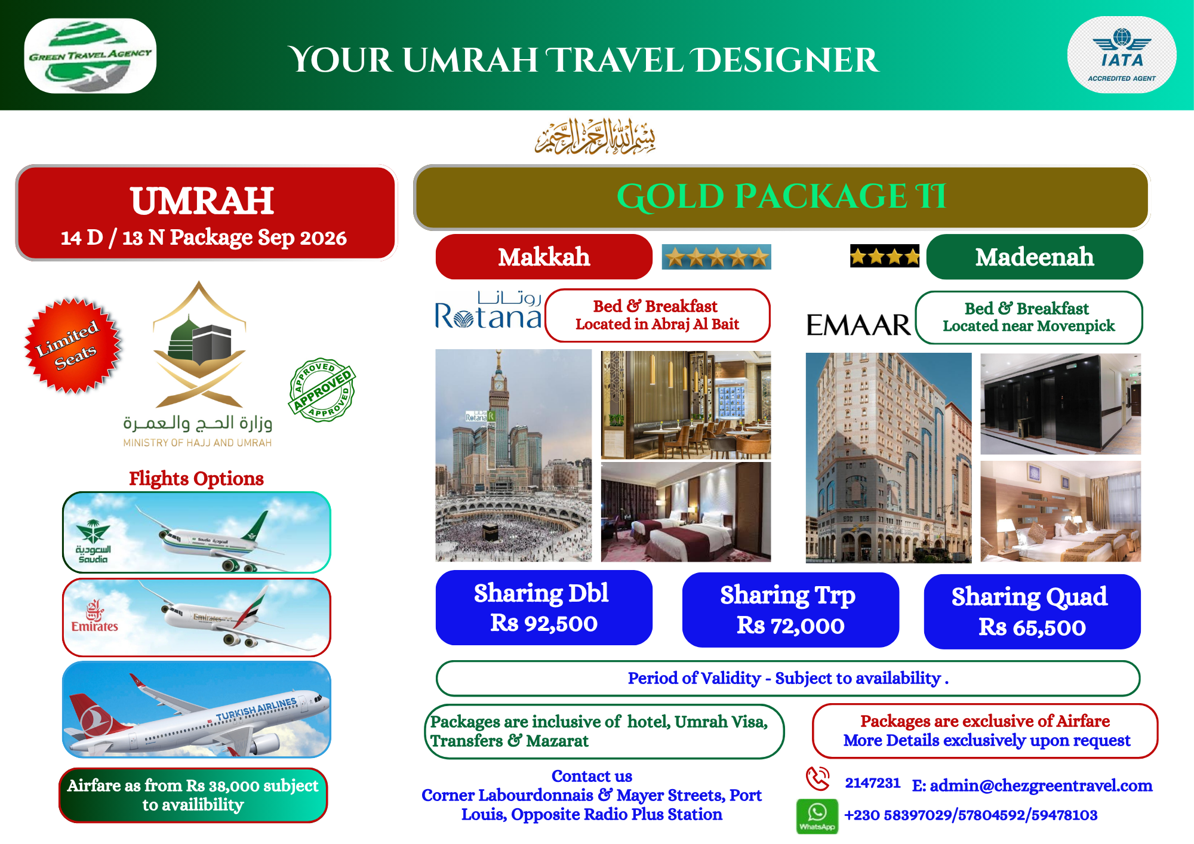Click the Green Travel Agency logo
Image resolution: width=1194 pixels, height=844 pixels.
pyautogui.click(x=90, y=56)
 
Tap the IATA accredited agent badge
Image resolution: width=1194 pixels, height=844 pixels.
pyautogui.click(x=1121, y=55)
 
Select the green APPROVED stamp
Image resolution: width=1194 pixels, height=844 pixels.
pyautogui.click(x=322, y=390)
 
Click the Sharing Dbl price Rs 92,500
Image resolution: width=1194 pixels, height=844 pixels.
pyautogui.click(x=544, y=623)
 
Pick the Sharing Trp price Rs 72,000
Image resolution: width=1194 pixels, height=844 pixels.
pyautogui.click(x=790, y=626)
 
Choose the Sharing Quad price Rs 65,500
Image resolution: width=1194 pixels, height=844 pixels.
pyautogui.click(x=1032, y=627)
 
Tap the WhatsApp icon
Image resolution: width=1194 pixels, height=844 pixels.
pyautogui.click(x=817, y=816)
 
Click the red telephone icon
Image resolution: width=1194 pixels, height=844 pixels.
pyautogui.click(x=818, y=778)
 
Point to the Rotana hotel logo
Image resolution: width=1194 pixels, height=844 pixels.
pyautogui.click(x=488, y=310)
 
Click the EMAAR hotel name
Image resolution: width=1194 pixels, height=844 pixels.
pyautogui.click(x=858, y=325)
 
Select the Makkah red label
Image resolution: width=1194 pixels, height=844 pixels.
pyautogui.click(x=544, y=257)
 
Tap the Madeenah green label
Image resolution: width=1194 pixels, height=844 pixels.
pyautogui.click(x=1035, y=257)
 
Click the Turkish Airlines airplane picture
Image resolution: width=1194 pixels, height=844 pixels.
pyautogui.click(x=196, y=709)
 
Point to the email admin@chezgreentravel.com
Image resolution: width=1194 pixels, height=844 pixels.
pyautogui.click(x=1032, y=786)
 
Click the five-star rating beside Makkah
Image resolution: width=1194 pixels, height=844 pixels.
pyautogui.click(x=716, y=257)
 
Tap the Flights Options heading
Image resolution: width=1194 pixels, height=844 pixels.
pyautogui.click(x=196, y=479)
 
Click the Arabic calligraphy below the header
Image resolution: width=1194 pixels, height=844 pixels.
pyautogui.click(x=595, y=137)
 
